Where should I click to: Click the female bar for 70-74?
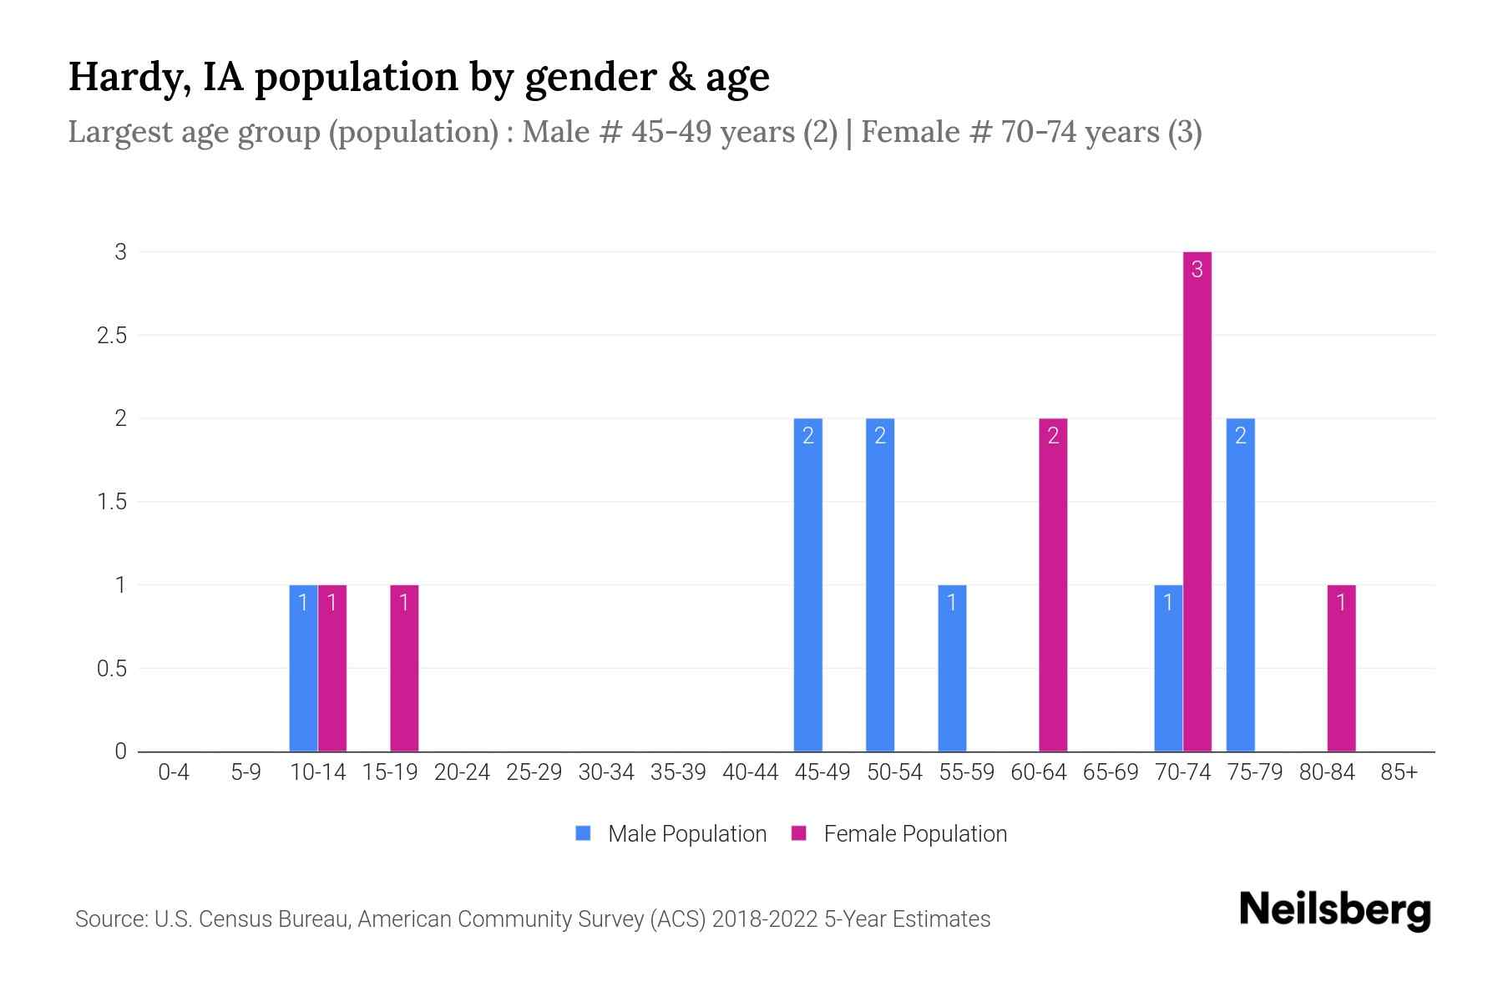point(1197,501)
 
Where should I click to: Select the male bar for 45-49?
point(807,584)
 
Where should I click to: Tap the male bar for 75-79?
point(1240,584)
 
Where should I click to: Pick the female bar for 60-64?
point(1053,584)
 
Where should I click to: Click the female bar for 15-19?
point(404,668)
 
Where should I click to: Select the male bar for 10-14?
point(303,668)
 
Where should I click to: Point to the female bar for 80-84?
point(1341,668)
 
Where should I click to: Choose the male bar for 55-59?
point(952,668)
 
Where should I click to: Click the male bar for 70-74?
point(1168,668)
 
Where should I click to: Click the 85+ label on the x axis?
point(1399,772)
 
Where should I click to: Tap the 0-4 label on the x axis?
point(174,772)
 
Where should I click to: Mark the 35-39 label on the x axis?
point(678,772)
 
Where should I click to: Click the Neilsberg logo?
point(1334,910)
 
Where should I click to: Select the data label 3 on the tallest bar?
point(1197,269)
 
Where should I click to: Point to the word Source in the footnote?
point(110,919)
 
